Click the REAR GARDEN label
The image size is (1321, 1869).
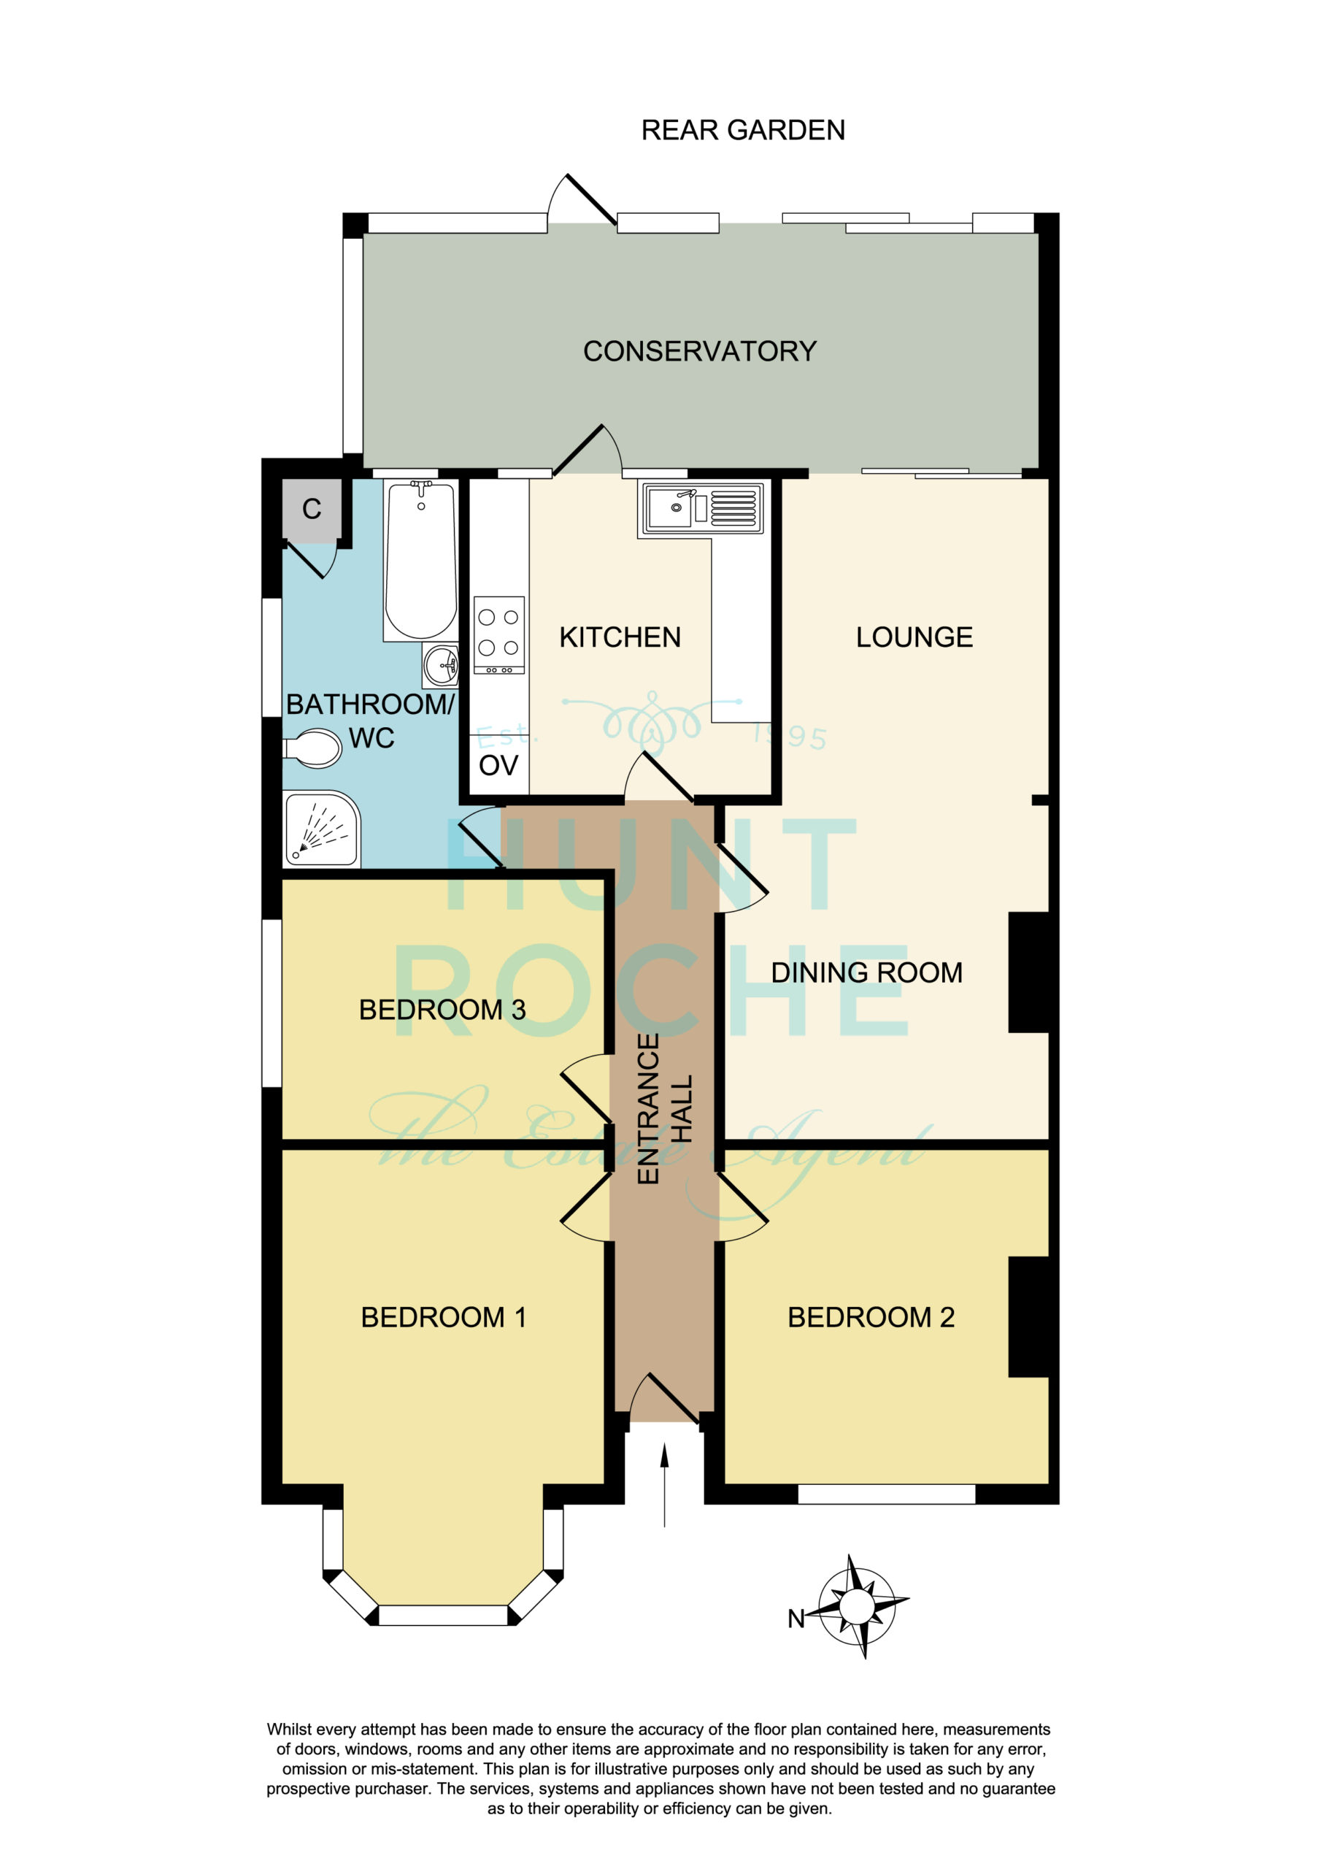click(x=742, y=130)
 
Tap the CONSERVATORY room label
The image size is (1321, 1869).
click(x=700, y=351)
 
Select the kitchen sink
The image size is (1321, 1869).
click(x=702, y=509)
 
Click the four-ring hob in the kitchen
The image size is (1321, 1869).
click(x=499, y=635)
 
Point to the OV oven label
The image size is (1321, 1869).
click(x=498, y=765)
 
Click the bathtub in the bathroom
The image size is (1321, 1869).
click(x=421, y=561)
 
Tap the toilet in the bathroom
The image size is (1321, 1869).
click(x=312, y=748)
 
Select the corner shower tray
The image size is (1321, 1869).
click(x=322, y=829)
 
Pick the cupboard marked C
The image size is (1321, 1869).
click(x=312, y=510)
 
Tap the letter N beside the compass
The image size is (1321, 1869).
click(x=796, y=1619)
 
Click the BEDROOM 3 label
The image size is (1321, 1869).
click(x=442, y=1010)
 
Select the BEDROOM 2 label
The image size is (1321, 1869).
click(x=871, y=1317)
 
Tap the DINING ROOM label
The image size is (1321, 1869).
click(x=867, y=972)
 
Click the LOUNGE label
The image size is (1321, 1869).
click(x=914, y=637)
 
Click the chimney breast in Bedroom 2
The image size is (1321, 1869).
click(x=1029, y=1317)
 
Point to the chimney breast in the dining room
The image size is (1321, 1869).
click(x=1029, y=972)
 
